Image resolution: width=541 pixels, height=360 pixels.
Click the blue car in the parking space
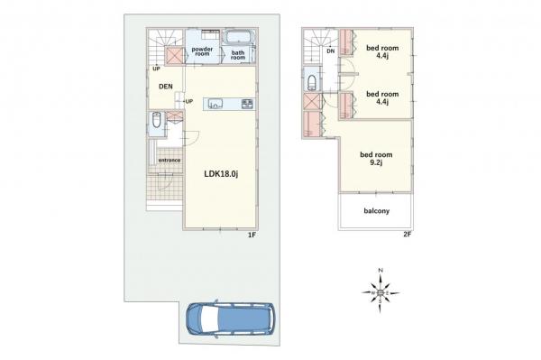(x=231, y=318)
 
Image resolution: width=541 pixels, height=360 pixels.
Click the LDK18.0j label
(x=221, y=174)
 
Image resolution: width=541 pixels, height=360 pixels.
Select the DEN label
(x=166, y=87)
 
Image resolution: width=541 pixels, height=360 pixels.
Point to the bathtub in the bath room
(x=239, y=37)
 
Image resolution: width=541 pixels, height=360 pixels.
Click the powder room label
(x=202, y=51)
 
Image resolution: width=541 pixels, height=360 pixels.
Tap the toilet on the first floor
(x=156, y=120)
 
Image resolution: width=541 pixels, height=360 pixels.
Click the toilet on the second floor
(x=312, y=82)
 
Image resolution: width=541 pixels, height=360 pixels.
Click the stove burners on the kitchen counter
(x=248, y=104)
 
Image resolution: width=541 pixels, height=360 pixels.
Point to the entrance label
(x=170, y=161)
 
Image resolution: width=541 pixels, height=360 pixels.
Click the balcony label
(x=376, y=210)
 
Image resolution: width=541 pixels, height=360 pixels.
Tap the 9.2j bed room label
(x=376, y=159)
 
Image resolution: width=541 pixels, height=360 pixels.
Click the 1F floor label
(x=252, y=235)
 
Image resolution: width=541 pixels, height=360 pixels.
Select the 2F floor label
(x=408, y=235)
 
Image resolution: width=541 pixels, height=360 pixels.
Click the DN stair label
(x=331, y=51)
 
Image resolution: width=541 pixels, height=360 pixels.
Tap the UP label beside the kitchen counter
(x=189, y=101)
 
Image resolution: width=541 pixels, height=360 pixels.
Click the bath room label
(x=238, y=55)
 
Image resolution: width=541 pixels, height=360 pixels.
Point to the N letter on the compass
(x=381, y=271)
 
